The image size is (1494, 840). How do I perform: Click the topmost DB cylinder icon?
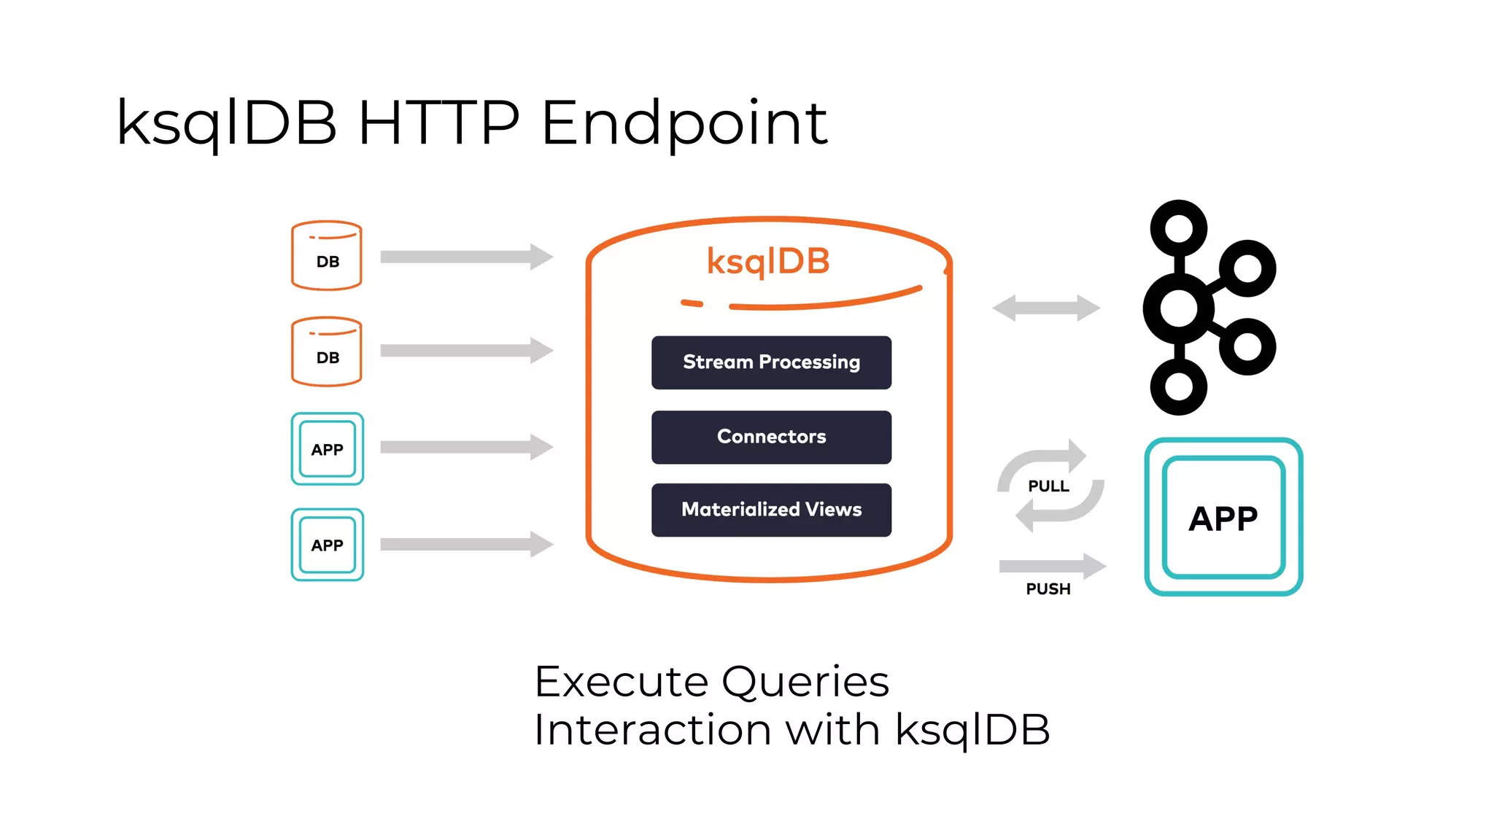pyautogui.click(x=327, y=256)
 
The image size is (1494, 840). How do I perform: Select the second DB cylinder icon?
pyautogui.click(x=327, y=351)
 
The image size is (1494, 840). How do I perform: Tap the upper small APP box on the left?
pyautogui.click(x=327, y=449)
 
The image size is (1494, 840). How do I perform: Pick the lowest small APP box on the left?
pyautogui.click(x=327, y=545)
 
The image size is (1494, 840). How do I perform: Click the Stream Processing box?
pyautogui.click(x=771, y=362)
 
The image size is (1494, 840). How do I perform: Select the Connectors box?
pyautogui.click(x=771, y=437)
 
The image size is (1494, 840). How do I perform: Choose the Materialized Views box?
pyautogui.click(x=771, y=510)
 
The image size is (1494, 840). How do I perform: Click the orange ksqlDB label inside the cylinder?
pyautogui.click(x=768, y=261)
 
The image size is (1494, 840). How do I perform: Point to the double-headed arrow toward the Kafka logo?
pyautogui.click(x=1046, y=308)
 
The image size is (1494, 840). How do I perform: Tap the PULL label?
pyautogui.click(x=1048, y=486)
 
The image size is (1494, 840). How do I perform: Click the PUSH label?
pyautogui.click(x=1048, y=589)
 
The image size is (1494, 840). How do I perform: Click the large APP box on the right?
pyautogui.click(x=1223, y=517)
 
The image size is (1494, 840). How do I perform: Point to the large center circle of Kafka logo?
pyautogui.click(x=1179, y=308)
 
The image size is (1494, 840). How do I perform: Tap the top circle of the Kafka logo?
pyautogui.click(x=1179, y=228)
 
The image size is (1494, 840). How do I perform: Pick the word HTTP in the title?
pyautogui.click(x=438, y=122)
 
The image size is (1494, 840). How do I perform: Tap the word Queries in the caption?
pyautogui.click(x=805, y=682)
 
